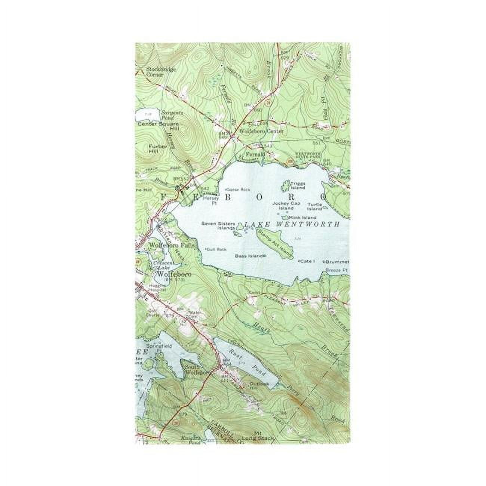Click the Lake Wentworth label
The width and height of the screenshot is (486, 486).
tap(292, 225)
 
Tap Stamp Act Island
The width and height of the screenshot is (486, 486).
tap(274, 243)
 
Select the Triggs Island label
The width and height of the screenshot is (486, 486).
tap(298, 186)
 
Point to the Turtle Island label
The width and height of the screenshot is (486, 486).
tap(315, 206)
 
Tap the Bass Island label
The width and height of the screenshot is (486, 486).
tap(249, 256)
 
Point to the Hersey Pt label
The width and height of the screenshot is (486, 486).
tap(210, 201)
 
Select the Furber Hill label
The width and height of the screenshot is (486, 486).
tap(148, 149)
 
